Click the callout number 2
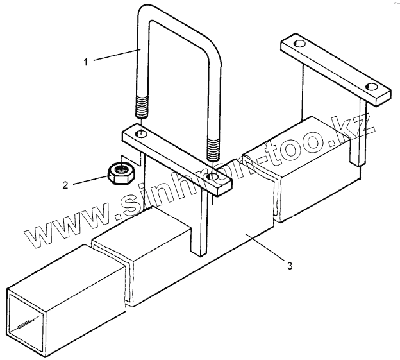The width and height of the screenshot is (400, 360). click(x=65, y=186)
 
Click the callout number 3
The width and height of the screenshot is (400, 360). click(x=290, y=265)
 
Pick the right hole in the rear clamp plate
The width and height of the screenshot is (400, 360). click(x=371, y=86)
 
